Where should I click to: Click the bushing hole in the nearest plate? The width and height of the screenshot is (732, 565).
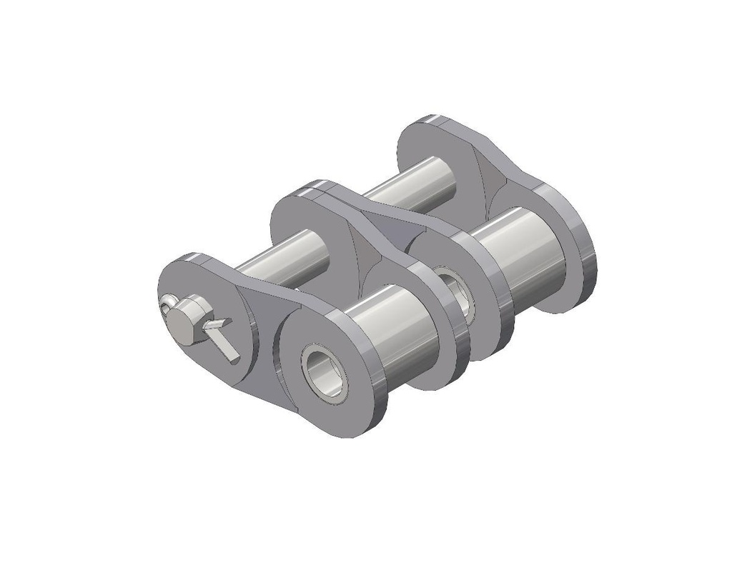coord(326,370)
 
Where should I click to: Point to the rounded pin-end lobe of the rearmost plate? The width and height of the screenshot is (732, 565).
coord(429,143)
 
